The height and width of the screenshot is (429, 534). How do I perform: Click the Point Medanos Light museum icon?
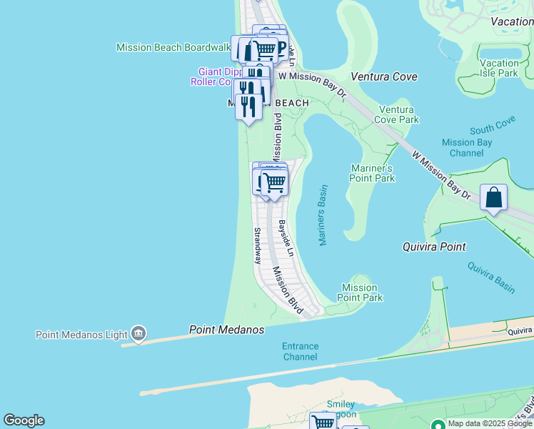click(x=138, y=334)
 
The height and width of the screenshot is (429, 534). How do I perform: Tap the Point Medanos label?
click(x=226, y=330)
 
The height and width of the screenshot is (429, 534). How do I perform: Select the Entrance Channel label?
click(x=300, y=352)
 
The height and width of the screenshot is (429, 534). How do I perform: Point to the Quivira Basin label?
click(x=491, y=277)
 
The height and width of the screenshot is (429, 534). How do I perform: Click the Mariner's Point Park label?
click(x=372, y=173)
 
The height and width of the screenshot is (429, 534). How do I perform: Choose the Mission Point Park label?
click(x=360, y=292)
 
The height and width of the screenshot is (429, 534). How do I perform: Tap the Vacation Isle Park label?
click(x=499, y=68)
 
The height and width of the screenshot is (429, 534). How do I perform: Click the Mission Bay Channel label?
click(x=467, y=147)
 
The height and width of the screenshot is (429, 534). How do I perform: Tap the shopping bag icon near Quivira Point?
click(x=493, y=197)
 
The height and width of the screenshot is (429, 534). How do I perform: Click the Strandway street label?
click(x=257, y=246)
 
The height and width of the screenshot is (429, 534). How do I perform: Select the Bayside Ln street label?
click(x=286, y=239)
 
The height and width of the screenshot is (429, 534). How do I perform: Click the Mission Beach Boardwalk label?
click(x=173, y=47)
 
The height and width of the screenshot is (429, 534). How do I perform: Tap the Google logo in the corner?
click(x=24, y=420)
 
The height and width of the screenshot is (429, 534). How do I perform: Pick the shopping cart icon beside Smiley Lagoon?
click(x=323, y=422)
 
